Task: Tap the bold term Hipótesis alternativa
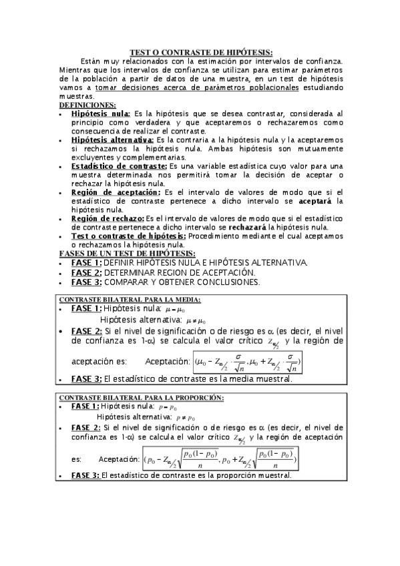point(112,140)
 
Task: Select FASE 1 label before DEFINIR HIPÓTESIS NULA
point(87,262)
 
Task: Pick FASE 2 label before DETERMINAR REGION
point(87,272)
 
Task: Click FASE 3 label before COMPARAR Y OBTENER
point(87,282)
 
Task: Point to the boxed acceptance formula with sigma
point(247,362)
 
